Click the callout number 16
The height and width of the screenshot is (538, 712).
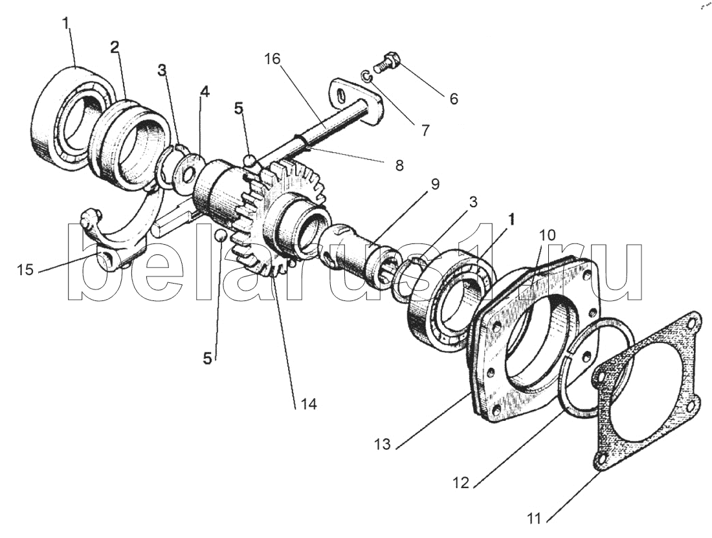273,59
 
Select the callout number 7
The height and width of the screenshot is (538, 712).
425,130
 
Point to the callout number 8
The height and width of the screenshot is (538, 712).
399,165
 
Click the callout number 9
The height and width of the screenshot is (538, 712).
434,185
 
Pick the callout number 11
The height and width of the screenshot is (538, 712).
535,517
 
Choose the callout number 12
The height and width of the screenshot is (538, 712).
461,482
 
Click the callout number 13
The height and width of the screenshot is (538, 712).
383,443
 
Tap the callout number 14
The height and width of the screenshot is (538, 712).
308,403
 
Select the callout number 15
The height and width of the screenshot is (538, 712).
25,270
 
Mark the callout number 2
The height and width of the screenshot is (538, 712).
115,47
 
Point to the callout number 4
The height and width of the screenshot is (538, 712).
205,92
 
